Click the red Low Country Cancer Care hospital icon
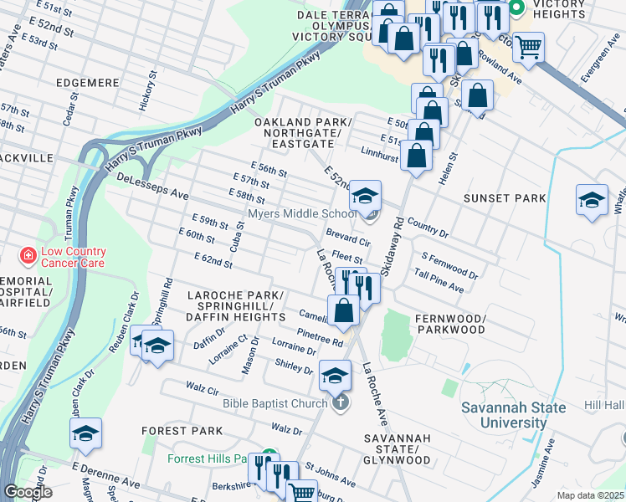point(28,254)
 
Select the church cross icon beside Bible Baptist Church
point(339,404)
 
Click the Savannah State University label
point(514,415)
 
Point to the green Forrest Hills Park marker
point(269,458)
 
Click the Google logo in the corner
point(28,492)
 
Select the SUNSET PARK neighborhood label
point(504,198)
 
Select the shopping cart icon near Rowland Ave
point(528,47)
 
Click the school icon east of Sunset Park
point(592,200)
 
